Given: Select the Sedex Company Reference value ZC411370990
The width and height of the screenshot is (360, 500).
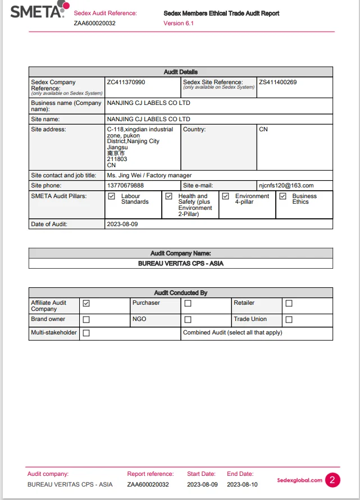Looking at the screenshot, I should click(126, 82).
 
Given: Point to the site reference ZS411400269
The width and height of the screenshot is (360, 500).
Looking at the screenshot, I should click(277, 82).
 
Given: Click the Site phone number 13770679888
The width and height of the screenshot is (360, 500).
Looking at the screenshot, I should click(125, 185).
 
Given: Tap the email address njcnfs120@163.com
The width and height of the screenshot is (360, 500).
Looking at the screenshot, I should click(286, 185).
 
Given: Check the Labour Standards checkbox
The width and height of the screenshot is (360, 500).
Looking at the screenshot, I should click(111, 196).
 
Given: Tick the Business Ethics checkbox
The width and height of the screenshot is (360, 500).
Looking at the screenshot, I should click(282, 196).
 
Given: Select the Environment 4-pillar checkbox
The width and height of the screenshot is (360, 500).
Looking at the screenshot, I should click(225, 196).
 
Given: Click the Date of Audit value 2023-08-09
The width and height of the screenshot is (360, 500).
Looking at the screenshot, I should click(122, 224).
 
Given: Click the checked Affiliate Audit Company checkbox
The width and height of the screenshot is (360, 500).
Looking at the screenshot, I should click(86, 304).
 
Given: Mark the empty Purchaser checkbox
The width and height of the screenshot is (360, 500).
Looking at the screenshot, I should click(188, 304).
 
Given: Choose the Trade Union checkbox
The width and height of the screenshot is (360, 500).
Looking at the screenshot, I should click(289, 320).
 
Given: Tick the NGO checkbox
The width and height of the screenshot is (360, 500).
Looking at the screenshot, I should click(188, 320).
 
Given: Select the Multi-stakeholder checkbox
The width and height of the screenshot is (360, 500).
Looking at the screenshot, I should click(86, 333).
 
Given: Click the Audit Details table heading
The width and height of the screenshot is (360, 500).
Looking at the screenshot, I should click(180, 72).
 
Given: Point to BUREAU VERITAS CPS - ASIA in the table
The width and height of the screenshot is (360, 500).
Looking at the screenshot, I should click(180, 263).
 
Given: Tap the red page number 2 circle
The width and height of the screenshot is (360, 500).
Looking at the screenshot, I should click(332, 480).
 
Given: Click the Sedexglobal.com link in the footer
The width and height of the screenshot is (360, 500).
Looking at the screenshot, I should click(299, 480).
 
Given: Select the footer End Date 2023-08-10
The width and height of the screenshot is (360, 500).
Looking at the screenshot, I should click(242, 484).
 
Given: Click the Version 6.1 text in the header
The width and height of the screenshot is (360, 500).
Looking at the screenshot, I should click(178, 23).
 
